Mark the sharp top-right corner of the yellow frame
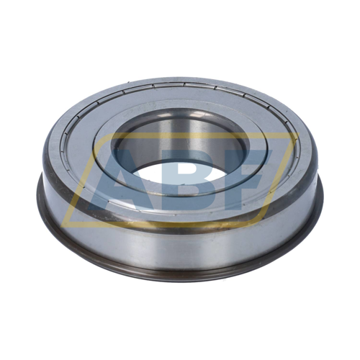[297, 133]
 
